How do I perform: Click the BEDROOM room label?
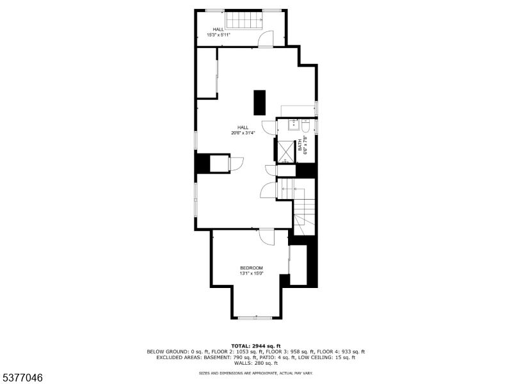tap(252, 268)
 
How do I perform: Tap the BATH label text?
tap(299, 145)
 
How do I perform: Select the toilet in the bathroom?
tap(305, 125)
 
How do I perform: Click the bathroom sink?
tap(295, 124)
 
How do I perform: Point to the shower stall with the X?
tap(283, 151)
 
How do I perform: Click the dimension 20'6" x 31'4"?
tap(243, 133)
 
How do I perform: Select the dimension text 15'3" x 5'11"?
tap(218, 35)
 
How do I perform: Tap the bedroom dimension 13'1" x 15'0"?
tap(252, 273)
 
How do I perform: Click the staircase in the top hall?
tap(243, 20)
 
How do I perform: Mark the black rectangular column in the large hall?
tap(259, 102)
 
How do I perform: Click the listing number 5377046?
tap(22, 378)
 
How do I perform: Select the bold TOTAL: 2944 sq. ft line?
tap(256, 346)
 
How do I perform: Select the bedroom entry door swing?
tap(267, 236)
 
